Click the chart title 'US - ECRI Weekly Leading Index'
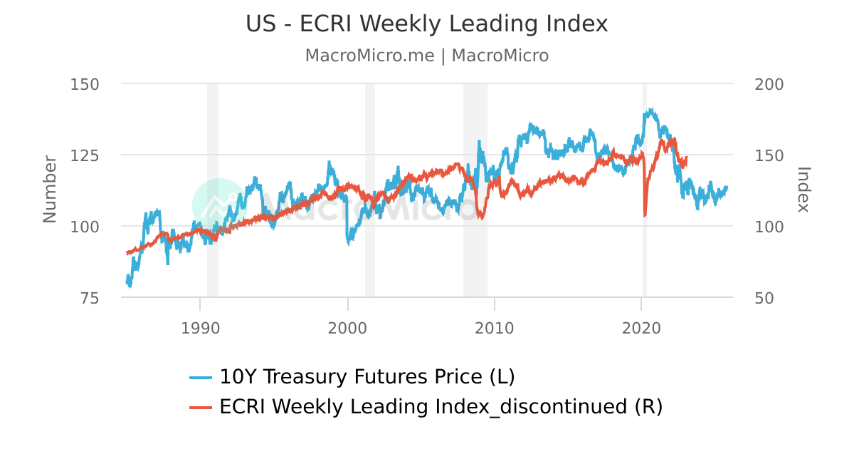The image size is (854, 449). pyautogui.click(x=427, y=24)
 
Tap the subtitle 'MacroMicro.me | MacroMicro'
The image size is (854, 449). pyautogui.click(x=427, y=56)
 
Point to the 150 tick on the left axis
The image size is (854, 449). pyautogui.click(x=85, y=84)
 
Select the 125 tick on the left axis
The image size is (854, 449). pyautogui.click(x=85, y=155)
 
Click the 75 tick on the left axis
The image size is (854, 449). pyautogui.click(x=89, y=298)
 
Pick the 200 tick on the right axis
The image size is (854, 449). pyautogui.click(x=768, y=84)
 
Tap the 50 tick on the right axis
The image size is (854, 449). pyautogui.click(x=764, y=298)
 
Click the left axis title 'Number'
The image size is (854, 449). pyautogui.click(x=49, y=189)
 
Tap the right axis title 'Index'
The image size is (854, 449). pyautogui.click(x=803, y=189)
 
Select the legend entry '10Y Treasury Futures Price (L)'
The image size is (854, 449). pyautogui.click(x=367, y=376)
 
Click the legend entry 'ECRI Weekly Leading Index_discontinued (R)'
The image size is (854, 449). pyautogui.click(x=441, y=407)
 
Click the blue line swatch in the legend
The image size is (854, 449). pyautogui.click(x=201, y=377)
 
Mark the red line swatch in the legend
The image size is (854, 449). pyautogui.click(x=201, y=408)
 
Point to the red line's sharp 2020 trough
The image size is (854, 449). pyautogui.click(x=645, y=215)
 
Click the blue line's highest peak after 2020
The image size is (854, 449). pyautogui.click(x=650, y=110)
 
